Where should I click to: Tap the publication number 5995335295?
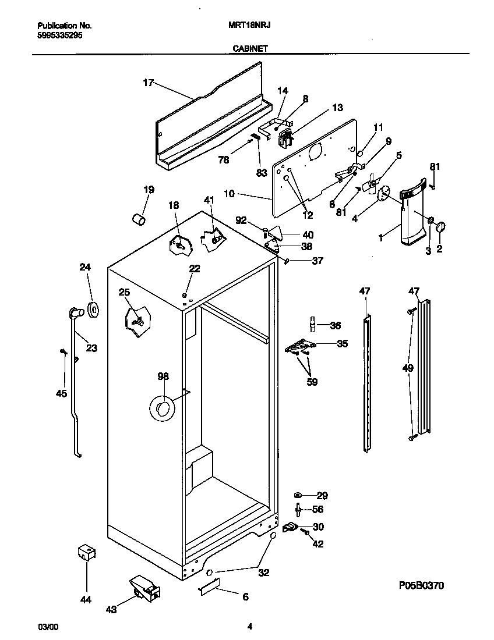pos(59,35)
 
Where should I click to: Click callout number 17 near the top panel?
pos(148,83)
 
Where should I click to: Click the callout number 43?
pos(111,609)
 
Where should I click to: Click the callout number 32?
pos(263,573)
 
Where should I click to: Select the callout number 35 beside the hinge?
pos(342,343)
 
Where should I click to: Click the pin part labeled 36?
pos(312,323)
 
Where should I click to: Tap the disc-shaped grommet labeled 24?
pos(92,310)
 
